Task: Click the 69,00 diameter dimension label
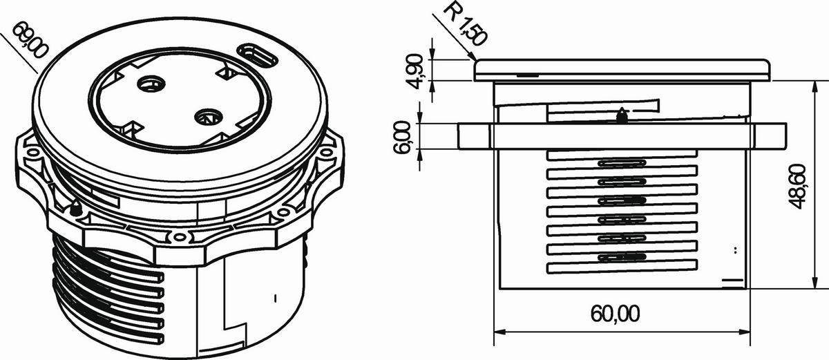(30, 40)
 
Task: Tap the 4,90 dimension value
(417, 71)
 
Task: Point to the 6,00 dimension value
(401, 137)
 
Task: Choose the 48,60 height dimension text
(797, 187)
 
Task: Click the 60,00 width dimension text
(615, 314)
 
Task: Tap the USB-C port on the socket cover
(257, 55)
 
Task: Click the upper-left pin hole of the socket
(151, 84)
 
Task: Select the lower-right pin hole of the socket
(208, 117)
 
